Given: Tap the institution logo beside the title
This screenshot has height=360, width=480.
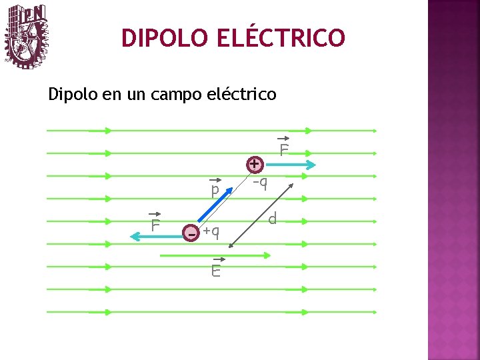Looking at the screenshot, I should coord(27,37).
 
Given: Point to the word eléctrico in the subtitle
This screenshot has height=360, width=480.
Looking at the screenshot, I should coord(243,94).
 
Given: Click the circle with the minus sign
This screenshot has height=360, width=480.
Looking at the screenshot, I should coord(192,234).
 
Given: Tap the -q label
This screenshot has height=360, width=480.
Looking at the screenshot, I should coord(260,182).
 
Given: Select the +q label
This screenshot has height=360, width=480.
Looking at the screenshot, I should coord(211,231).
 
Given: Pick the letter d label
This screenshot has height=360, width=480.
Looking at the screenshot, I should coord(273,219).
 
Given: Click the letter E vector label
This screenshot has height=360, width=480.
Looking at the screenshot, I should coord(216,270).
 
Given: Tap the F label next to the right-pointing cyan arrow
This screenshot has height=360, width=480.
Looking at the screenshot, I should coord(284,149).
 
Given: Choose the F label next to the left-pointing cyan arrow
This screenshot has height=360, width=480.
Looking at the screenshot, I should coord(155,225).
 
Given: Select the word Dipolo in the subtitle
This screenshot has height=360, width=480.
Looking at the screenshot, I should coord(73,95).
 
